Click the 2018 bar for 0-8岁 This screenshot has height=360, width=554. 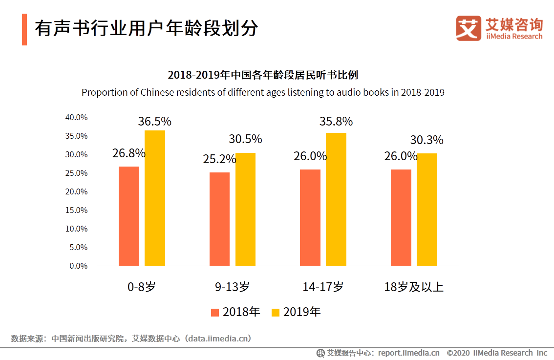pyautogui.click(x=129, y=216)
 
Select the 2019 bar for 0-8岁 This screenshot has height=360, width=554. pyautogui.click(x=155, y=198)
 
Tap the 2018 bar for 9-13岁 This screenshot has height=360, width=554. pyautogui.click(x=219, y=219)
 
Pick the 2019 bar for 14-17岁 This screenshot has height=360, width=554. pyautogui.click(x=336, y=199)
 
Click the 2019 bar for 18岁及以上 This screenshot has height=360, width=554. pyautogui.click(x=426, y=210)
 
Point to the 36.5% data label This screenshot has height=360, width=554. pyautogui.click(x=154, y=122)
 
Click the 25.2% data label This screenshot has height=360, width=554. pyautogui.click(x=220, y=159)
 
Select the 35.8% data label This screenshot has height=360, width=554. pyautogui.click(x=336, y=122)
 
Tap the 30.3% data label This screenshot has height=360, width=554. pyautogui.click(x=426, y=140)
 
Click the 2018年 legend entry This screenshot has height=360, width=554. pyautogui.click(x=235, y=312)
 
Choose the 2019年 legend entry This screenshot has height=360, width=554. pyautogui.click(x=296, y=312)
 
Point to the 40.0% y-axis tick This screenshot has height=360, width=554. pyautogui.click(x=76, y=118)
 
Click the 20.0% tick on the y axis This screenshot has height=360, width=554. pyautogui.click(x=76, y=192)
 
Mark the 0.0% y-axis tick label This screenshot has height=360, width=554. pyautogui.click(x=78, y=266)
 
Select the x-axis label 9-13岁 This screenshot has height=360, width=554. pyautogui.click(x=232, y=287)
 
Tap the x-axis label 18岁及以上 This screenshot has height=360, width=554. pyautogui.click(x=414, y=287)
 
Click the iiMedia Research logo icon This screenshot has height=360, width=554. pyautogui.click(x=469, y=28)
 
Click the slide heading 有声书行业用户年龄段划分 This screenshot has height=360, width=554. pyautogui.click(x=146, y=29)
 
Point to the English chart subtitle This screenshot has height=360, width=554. pyautogui.click(x=263, y=92)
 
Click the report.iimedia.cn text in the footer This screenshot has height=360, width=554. pyautogui.click(x=408, y=353)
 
